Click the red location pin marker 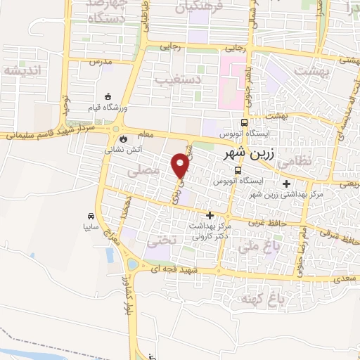click(x=181, y=165)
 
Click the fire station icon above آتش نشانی click(x=124, y=139)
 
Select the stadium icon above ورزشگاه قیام click(x=107, y=96)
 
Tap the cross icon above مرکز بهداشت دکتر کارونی click(x=209, y=215)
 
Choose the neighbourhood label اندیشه click(x=23, y=70)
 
